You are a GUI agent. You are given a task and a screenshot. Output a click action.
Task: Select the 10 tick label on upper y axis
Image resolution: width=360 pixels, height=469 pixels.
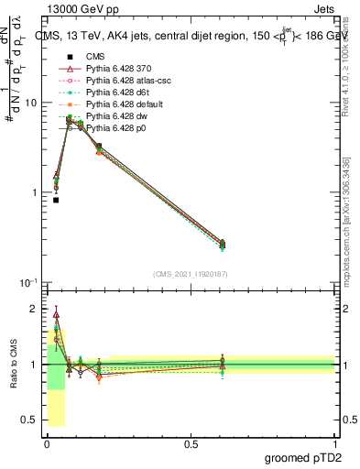pyautogui.click(x=30, y=103)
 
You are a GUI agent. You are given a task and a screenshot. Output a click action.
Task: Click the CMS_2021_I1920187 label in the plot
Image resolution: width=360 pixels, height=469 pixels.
pyautogui.click(x=190, y=273)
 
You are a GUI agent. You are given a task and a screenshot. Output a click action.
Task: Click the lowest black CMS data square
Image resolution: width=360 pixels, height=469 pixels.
pyautogui.click(x=56, y=200)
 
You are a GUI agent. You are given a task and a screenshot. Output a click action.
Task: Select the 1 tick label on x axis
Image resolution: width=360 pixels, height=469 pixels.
pyautogui.click(x=334, y=442)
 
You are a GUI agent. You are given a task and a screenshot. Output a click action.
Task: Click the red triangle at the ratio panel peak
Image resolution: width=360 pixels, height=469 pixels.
pyautogui.click(x=56, y=315)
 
